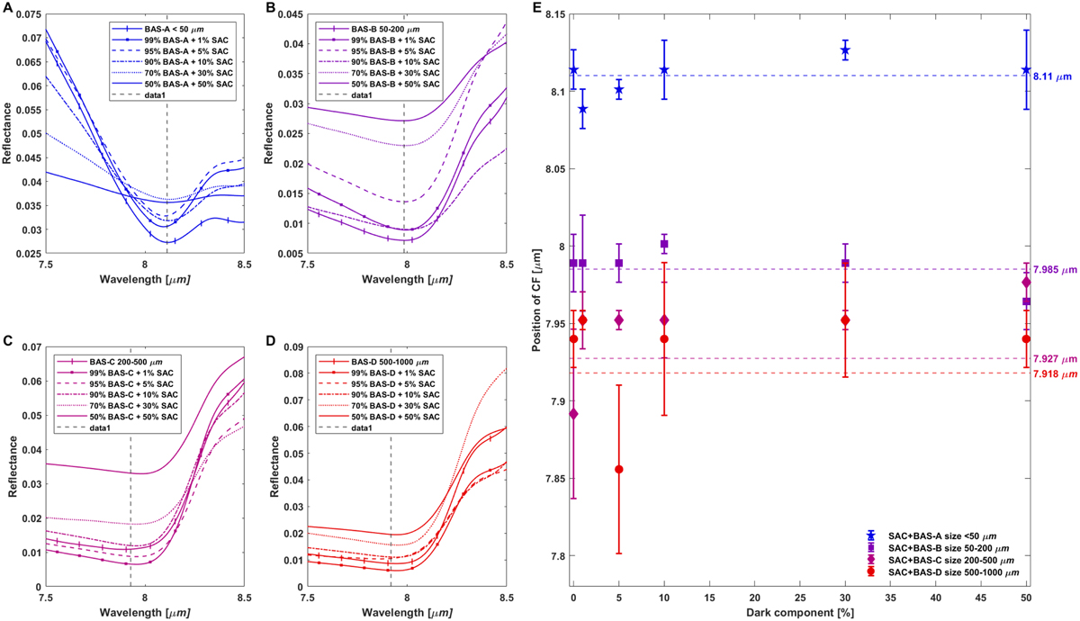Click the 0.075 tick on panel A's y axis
[27, 15]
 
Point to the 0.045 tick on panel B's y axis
[287, 15]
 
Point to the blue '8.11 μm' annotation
[1050, 78]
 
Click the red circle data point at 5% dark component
[618, 469]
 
